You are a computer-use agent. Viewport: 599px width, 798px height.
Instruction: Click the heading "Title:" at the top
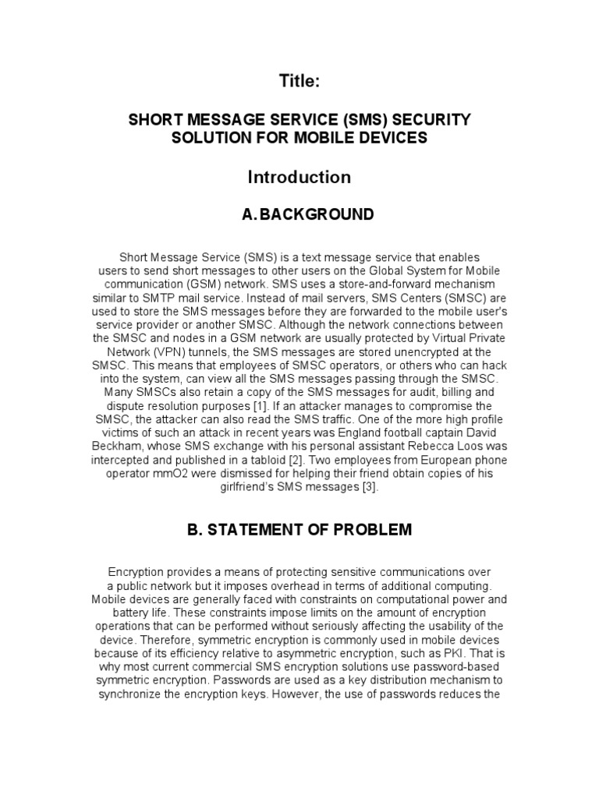(299, 80)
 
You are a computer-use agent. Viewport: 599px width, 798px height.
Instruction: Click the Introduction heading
(299, 177)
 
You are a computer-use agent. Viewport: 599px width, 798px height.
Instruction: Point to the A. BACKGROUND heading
(299, 214)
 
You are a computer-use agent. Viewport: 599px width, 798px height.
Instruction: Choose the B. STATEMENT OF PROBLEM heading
(299, 530)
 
